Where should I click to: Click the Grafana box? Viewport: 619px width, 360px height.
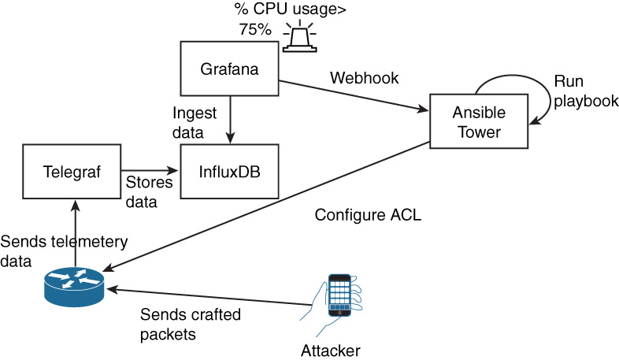coord(230,69)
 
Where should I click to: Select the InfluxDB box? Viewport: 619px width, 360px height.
coord(230,171)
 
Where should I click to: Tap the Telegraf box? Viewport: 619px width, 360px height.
coord(72,171)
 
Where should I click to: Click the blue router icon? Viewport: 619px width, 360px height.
coord(72,284)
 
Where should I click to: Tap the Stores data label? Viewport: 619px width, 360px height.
coord(146,192)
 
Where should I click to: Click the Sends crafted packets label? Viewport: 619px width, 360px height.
coord(190,324)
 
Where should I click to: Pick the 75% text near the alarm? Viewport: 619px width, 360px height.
coord(255,30)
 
